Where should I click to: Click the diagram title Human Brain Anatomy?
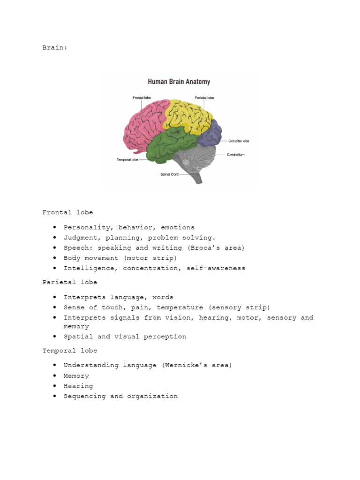click(179, 82)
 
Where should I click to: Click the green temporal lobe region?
click(169, 145)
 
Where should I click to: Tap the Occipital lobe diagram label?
click(239, 141)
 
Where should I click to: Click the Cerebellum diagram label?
click(236, 154)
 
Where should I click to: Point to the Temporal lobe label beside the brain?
click(127, 160)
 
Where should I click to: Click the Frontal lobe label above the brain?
click(142, 97)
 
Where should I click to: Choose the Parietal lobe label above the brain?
click(204, 97)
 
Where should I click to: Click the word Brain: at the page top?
click(55, 47)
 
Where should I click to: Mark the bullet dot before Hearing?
click(55, 386)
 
